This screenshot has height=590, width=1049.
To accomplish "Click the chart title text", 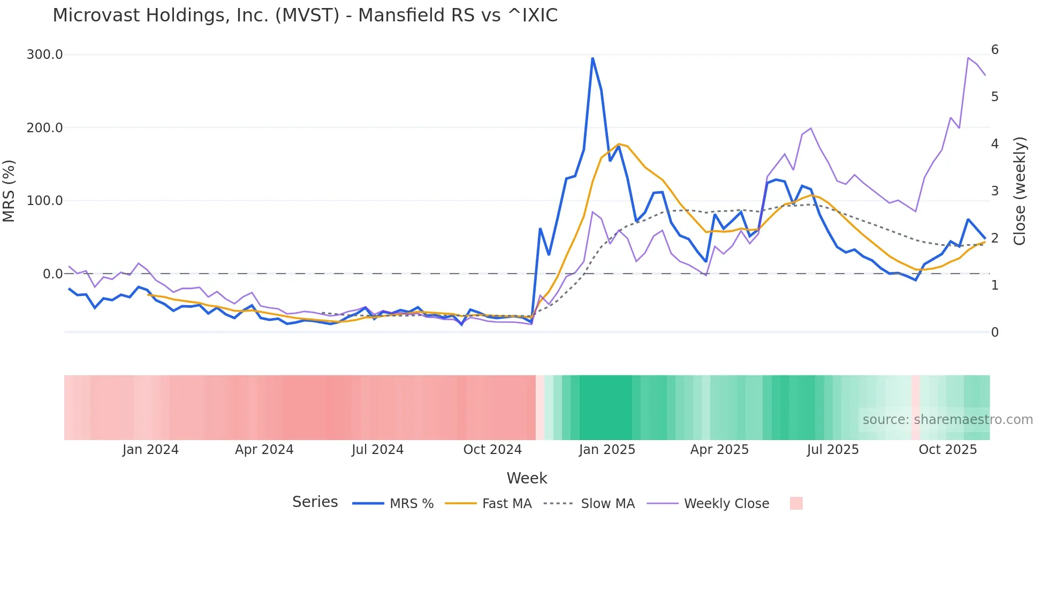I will tap(305, 16).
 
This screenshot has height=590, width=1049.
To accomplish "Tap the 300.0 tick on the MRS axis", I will tap(45, 55).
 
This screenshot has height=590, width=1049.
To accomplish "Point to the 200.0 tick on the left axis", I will tap(45, 128).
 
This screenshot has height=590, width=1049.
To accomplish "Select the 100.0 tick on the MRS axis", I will tap(45, 201).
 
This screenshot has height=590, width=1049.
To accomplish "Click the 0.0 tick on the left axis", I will tap(52, 274).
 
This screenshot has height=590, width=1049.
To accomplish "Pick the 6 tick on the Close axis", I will tap(995, 50).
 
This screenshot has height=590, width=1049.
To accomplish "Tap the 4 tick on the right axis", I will tap(995, 144).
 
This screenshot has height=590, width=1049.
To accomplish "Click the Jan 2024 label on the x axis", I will tap(150, 450).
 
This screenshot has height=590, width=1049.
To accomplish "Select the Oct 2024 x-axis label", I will tap(492, 450).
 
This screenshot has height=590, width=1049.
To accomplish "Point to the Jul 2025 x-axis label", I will tap(833, 450).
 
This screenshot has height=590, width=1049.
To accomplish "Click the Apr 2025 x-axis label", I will tap(719, 450).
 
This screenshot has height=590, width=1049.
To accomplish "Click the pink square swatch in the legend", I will tap(796, 503).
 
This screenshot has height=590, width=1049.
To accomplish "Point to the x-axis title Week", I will tap(527, 478).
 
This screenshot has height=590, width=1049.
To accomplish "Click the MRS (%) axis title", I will tap(9, 191).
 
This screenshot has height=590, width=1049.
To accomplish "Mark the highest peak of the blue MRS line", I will tap(592, 58).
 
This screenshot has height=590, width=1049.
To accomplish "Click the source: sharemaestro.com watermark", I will tap(947, 420).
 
